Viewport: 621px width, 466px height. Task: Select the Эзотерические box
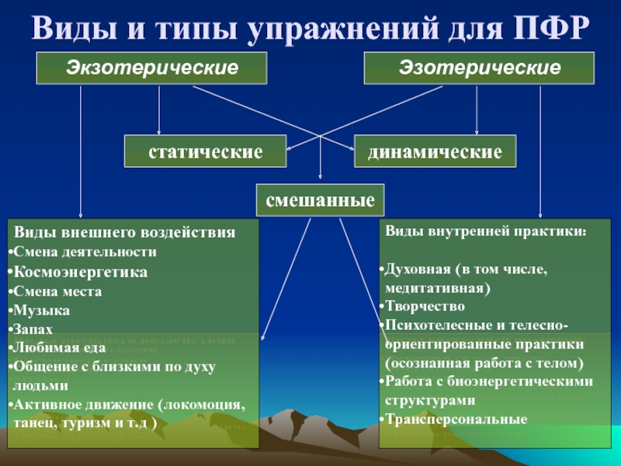click(x=480, y=68)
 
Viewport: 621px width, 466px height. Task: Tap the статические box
click(x=206, y=151)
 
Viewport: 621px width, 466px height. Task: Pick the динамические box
click(x=435, y=151)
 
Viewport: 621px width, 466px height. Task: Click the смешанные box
click(x=321, y=200)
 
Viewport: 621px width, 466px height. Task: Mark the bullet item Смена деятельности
click(x=84, y=252)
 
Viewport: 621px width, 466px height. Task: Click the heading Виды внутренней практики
click(x=486, y=231)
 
